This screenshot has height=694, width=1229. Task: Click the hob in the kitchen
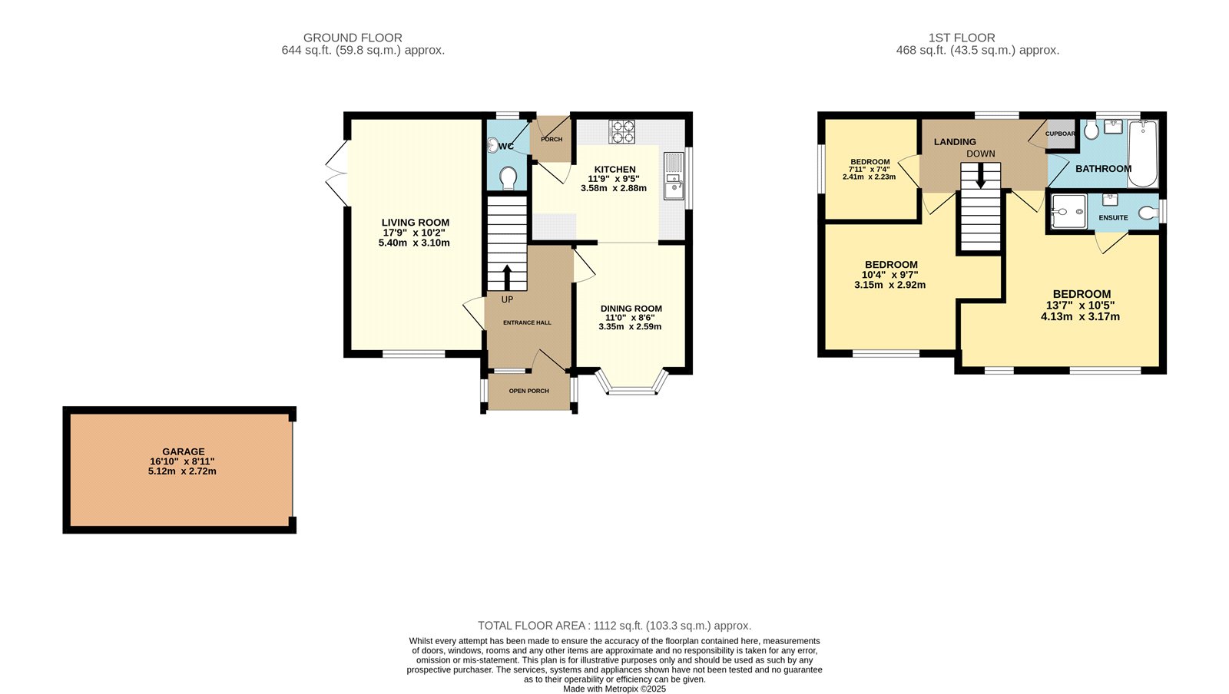pyautogui.click(x=621, y=131)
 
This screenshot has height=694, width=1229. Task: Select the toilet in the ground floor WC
pyautogui.click(x=508, y=178)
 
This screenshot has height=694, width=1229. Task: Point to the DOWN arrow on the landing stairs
pyautogui.click(x=980, y=175)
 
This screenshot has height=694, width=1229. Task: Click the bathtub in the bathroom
pyautogui.click(x=1142, y=154)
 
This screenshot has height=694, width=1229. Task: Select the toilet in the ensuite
pyautogui.click(x=1147, y=213)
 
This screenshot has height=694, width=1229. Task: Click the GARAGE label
pyautogui.click(x=184, y=451)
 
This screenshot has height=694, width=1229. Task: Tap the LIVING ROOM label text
pyautogui.click(x=416, y=223)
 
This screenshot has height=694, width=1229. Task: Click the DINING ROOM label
pyautogui.click(x=631, y=309)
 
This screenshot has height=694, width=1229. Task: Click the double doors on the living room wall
pyautogui.click(x=336, y=173)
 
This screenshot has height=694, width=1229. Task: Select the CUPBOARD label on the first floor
pyautogui.click(x=1061, y=134)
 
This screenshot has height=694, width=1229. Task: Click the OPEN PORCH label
pyautogui.click(x=528, y=391)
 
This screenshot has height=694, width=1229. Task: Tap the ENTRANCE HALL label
pyautogui.click(x=527, y=322)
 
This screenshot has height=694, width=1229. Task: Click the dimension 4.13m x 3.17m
pyautogui.click(x=1080, y=316)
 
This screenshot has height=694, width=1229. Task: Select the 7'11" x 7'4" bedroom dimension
pyautogui.click(x=869, y=169)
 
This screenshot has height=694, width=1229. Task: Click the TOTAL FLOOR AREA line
pyautogui.click(x=614, y=626)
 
